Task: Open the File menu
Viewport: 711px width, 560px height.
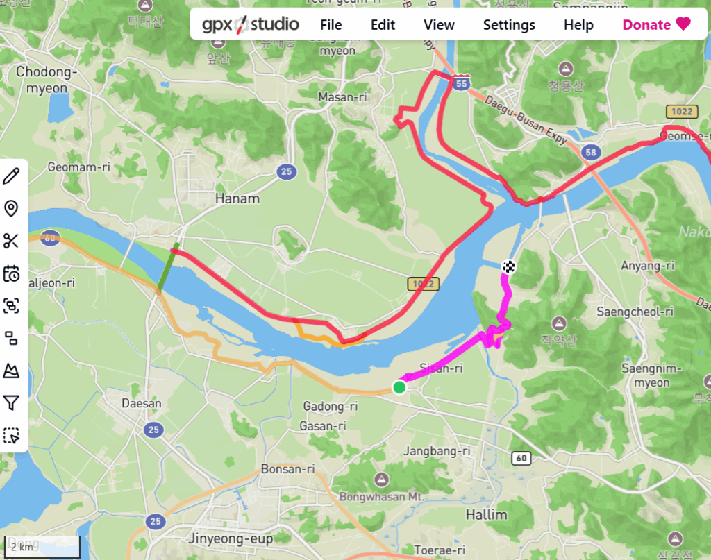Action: [x=331, y=25]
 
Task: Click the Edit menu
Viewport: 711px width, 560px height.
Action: [x=383, y=25]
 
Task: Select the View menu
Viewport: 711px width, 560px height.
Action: [x=439, y=25]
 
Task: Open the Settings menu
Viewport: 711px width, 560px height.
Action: [x=509, y=25]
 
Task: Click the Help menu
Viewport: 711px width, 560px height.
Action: [x=578, y=25]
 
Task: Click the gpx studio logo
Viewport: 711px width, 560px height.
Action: [x=251, y=25]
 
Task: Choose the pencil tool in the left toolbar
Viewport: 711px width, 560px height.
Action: [x=11, y=176]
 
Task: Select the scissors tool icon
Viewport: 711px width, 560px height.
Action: [x=11, y=241]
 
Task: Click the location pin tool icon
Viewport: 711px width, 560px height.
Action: [x=11, y=208]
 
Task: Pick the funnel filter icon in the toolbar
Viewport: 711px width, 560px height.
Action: [x=11, y=403]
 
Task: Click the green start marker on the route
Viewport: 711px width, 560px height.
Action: [x=399, y=387]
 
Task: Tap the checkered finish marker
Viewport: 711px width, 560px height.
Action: [x=509, y=266]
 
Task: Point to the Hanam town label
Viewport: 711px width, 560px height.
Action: [x=237, y=199]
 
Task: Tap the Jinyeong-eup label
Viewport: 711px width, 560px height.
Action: [x=231, y=538]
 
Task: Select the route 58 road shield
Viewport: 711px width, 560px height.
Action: [x=591, y=153]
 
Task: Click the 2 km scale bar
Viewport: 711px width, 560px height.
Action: [x=42, y=547]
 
